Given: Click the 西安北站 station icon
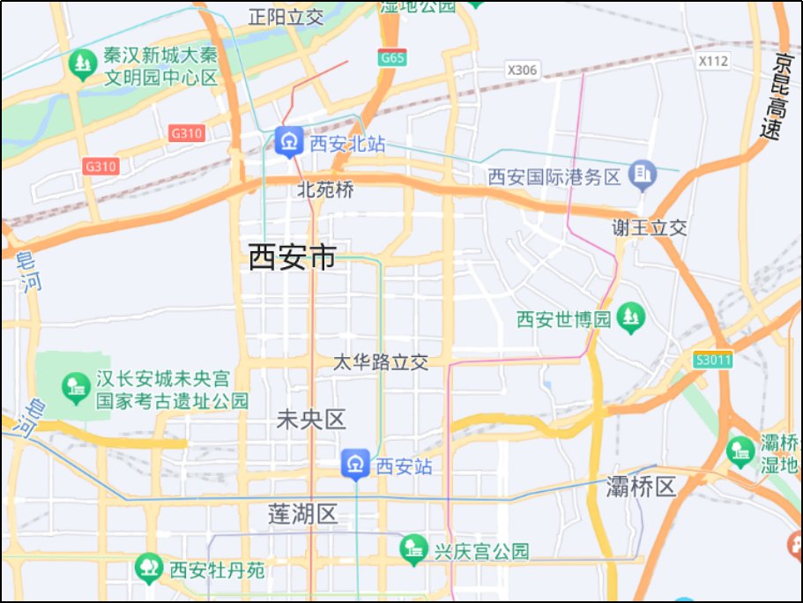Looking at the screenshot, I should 288,141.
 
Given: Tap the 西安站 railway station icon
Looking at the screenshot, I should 355,464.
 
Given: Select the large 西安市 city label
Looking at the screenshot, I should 293,257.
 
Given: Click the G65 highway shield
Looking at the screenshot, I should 392,58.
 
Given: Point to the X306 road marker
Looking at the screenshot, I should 523,70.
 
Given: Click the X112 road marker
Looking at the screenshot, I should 712,61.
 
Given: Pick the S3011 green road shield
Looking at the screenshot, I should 712,360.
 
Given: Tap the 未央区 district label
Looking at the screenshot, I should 311,420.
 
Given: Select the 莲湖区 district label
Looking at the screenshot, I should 303,515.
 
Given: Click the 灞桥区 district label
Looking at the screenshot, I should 641,486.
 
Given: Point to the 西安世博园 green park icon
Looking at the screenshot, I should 630,317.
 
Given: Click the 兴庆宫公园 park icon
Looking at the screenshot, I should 413,550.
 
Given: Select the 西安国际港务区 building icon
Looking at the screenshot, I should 643,175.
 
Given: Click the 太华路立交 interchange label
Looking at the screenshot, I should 381,362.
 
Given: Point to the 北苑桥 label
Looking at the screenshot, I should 324,189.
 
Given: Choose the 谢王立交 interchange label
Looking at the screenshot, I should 650,227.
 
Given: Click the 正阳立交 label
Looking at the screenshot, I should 286,16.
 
